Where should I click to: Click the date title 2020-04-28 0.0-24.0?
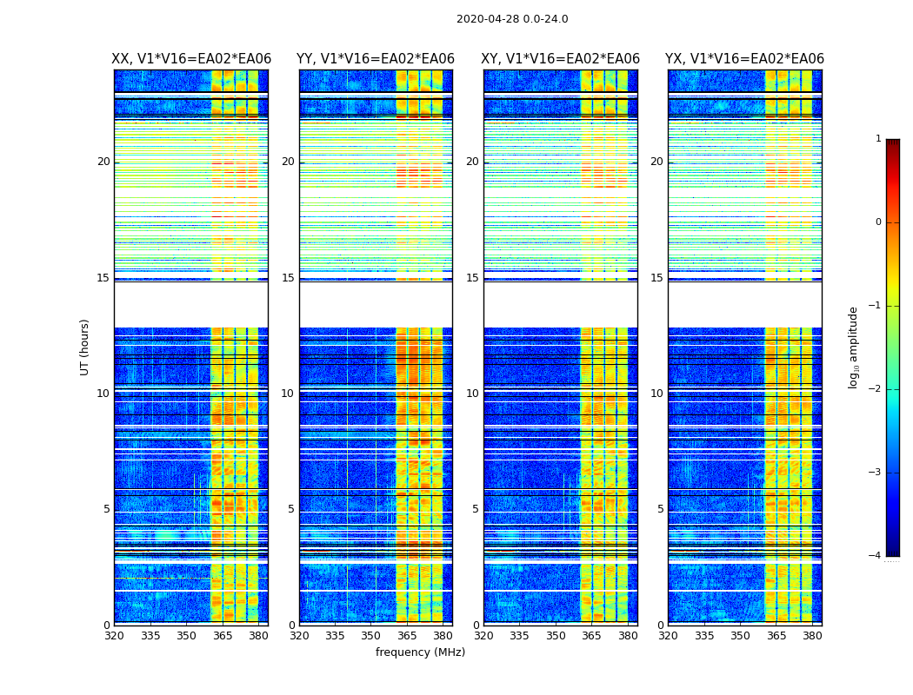(x=512, y=19)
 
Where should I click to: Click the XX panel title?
(x=191, y=59)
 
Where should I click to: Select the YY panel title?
(x=376, y=59)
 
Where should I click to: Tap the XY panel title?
(x=561, y=59)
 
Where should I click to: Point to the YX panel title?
(x=744, y=59)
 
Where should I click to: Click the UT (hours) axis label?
(x=84, y=347)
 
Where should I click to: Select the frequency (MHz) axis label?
(x=420, y=652)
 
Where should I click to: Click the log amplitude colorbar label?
(x=853, y=347)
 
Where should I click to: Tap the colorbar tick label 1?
(x=878, y=139)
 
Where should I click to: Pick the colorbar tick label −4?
(x=876, y=556)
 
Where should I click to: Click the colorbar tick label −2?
(x=876, y=389)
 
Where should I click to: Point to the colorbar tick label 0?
(x=878, y=222)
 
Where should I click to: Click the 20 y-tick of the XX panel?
(x=103, y=162)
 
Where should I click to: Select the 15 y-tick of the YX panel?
(x=658, y=278)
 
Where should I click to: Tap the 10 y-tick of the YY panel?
(x=288, y=394)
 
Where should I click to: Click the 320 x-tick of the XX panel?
(x=114, y=636)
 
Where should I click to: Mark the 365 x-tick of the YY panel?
(x=407, y=636)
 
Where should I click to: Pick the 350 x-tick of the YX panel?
(x=740, y=636)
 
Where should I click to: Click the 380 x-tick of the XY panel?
(x=628, y=636)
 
